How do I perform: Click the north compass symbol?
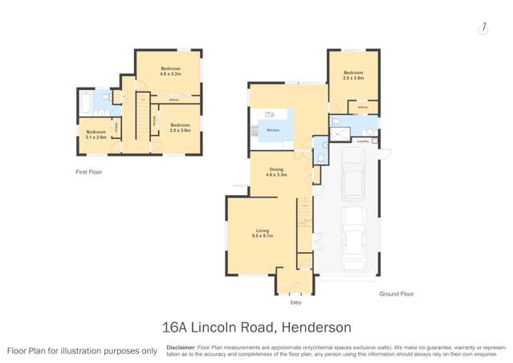483,28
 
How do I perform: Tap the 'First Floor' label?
88,172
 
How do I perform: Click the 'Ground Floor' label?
397,295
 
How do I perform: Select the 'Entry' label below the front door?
295,304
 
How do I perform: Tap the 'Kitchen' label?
273,129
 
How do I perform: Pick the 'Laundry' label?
362,141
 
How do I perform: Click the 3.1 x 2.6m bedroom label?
96,133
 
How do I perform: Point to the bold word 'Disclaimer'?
180,347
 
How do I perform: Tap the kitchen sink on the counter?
271,114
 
